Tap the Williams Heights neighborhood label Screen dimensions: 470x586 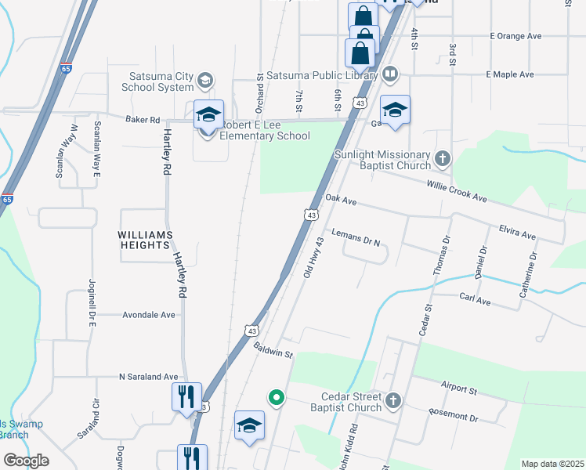click(x=143, y=240)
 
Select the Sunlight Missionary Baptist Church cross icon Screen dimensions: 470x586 click(x=443, y=160)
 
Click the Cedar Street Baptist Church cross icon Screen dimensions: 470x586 click(x=393, y=401)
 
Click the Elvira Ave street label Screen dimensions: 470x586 click(x=517, y=231)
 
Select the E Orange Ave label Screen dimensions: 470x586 click(x=515, y=36)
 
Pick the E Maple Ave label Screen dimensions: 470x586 click(x=509, y=74)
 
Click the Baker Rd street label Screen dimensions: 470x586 click(x=143, y=120)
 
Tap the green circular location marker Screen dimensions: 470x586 click(x=276, y=398)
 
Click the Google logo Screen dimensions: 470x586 click(x=26, y=461)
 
